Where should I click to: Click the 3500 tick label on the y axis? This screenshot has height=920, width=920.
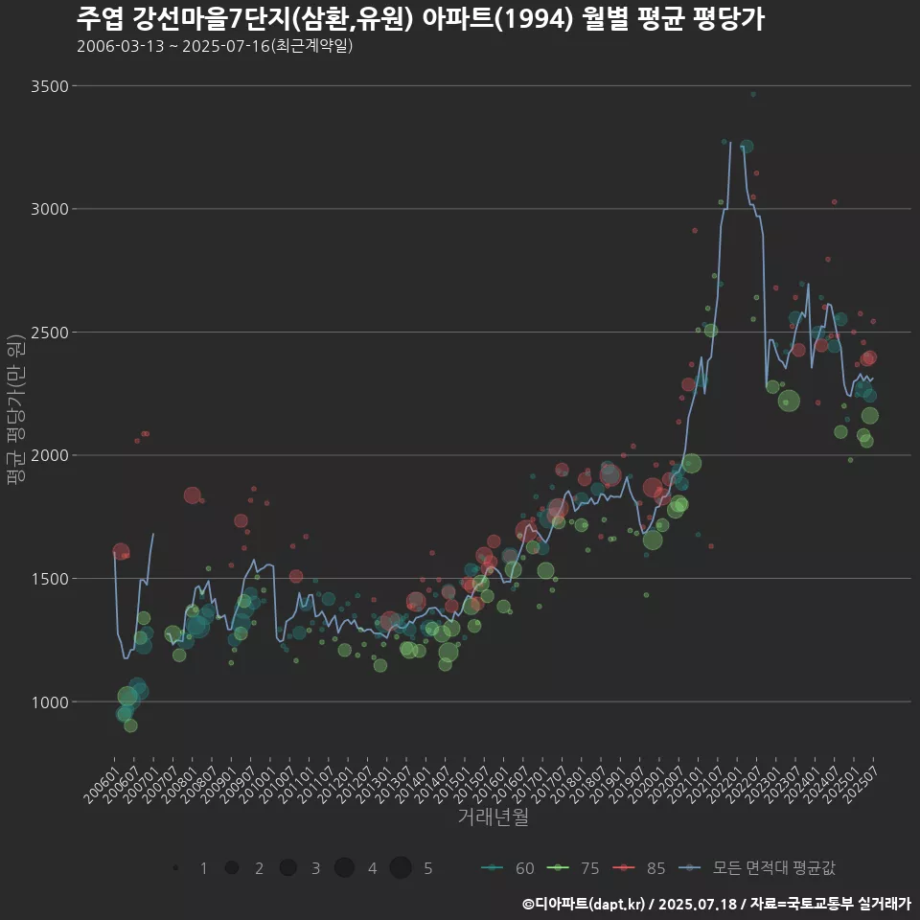point(49,86)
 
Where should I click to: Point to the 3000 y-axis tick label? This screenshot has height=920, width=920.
point(49,209)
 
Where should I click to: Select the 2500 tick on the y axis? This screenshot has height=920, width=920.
point(49,333)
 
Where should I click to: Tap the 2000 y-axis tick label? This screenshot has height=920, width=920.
point(49,455)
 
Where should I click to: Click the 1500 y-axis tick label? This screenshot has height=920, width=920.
point(49,579)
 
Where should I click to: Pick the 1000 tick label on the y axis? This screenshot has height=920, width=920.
point(49,701)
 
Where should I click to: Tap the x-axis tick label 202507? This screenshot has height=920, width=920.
point(859,781)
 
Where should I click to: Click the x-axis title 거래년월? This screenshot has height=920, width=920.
point(493,817)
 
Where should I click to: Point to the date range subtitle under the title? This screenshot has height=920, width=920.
point(215,46)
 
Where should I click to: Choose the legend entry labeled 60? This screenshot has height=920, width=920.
point(509,868)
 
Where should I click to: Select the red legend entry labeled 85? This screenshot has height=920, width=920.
point(639,868)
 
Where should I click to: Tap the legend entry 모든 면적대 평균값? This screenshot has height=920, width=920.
point(757,868)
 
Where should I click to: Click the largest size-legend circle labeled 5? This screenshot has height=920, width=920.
point(401,868)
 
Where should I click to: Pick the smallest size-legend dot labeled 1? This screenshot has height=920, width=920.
point(175,868)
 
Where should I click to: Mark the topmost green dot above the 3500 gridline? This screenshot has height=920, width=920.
point(753,95)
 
